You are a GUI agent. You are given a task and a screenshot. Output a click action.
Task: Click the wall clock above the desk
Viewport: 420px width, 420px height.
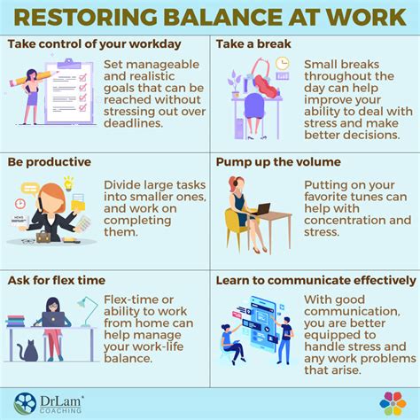(x=283, y=64)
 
